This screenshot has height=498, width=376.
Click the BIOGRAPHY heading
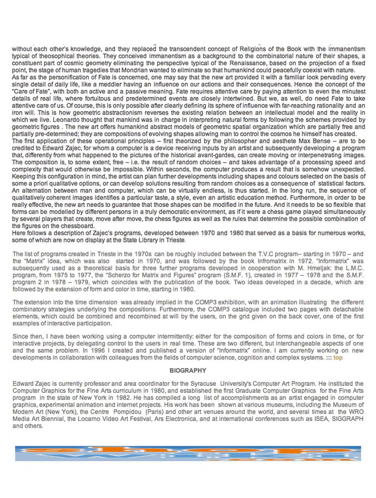pos(188,370)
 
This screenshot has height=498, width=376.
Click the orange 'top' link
pos(338,358)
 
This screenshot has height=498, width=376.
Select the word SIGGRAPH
pos(349,419)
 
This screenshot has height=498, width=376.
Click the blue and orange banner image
pos(188,453)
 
